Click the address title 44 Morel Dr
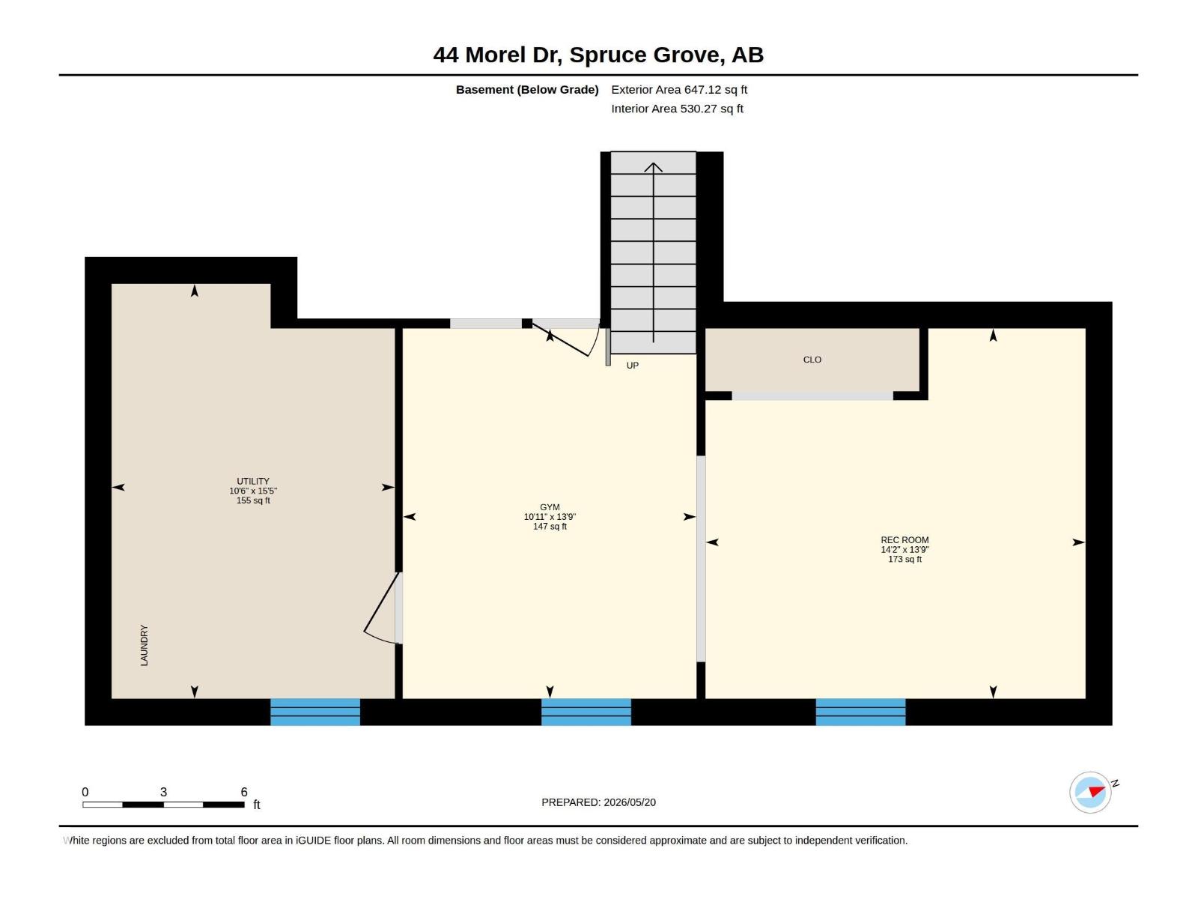coord(497,55)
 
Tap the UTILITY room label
coord(252,482)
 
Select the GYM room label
coord(550,507)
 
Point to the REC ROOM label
coord(904,540)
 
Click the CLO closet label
coord(812,360)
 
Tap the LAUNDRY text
coord(144,645)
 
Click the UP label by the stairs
coord(632,366)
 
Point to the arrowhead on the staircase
coord(654,167)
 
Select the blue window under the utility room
coord(315,712)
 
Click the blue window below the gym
coord(586,712)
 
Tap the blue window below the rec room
coord(861,712)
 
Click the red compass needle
coord(1096,791)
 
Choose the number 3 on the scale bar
coord(163,792)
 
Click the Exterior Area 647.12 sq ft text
coord(679,89)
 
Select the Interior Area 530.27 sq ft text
coord(678,109)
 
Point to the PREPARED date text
coord(599,802)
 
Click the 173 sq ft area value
coord(904,560)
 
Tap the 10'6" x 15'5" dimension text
coord(253,491)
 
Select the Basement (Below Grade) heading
coord(527,89)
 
